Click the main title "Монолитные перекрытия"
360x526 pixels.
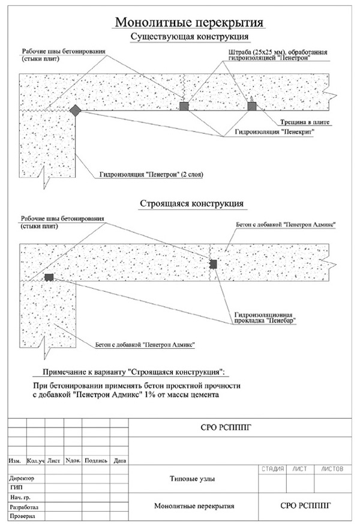pyautogui.click(x=189, y=22)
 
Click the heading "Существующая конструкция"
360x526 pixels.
pyautogui.click(x=190, y=37)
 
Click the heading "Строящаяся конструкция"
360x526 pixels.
pyautogui.click(x=192, y=204)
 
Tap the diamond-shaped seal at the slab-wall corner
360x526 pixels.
pyautogui.click(x=75, y=110)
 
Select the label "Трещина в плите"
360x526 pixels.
pyautogui.click(x=305, y=122)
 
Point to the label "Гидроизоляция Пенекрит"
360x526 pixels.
pyautogui.click(x=274, y=132)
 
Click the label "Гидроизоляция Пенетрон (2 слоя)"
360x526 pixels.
pyautogui.click(x=151, y=175)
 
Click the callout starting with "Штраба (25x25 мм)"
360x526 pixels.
pyautogui.click(x=278, y=55)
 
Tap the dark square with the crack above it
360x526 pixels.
pyautogui.click(x=252, y=106)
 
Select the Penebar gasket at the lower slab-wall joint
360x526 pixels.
pyautogui.click(x=49, y=277)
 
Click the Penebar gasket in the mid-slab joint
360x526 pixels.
pyautogui.click(x=213, y=264)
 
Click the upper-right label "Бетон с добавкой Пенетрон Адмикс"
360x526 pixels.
pyautogui.click(x=286, y=225)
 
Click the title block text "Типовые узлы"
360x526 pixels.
pyautogui.click(x=193, y=479)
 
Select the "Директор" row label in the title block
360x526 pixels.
pyautogui.click(x=22, y=479)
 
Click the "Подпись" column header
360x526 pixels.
pyautogui.click(x=96, y=461)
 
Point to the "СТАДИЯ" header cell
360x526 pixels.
pyautogui.click(x=273, y=469)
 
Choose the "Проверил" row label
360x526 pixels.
pyautogui.click(x=22, y=516)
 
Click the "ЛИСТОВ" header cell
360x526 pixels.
pyautogui.click(x=332, y=469)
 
